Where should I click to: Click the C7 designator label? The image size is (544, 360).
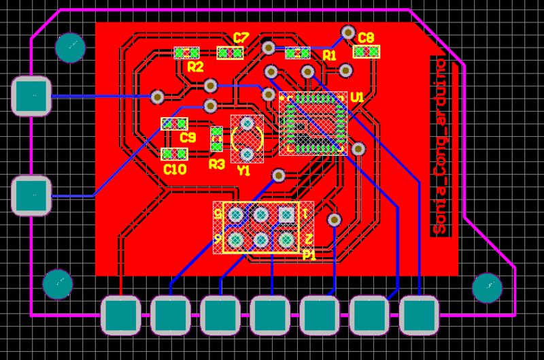pyautogui.click(x=241, y=37)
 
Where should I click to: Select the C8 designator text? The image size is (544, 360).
pyautogui.click(x=366, y=37)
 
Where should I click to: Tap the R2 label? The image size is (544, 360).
pyautogui.click(x=195, y=67)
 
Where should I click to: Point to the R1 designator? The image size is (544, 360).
pyautogui.click(x=329, y=55)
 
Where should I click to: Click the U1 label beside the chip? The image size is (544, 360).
pyautogui.click(x=357, y=98)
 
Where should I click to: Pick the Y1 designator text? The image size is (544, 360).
pyautogui.click(x=243, y=170)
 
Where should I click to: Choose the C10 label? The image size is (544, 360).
pyautogui.click(x=175, y=169)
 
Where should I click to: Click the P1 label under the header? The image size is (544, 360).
pyautogui.click(x=309, y=256)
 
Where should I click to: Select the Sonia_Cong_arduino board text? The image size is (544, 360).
pyautogui.click(x=441, y=146)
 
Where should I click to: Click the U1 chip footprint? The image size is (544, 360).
pyautogui.click(x=313, y=123)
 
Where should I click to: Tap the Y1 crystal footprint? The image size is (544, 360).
pyautogui.click(x=247, y=139)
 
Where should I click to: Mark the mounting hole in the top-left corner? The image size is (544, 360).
pyautogui.click(x=70, y=48)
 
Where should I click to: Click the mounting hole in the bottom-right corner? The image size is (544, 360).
pyautogui.click(x=487, y=288)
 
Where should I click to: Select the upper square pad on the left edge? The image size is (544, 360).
pyautogui.click(x=31, y=96)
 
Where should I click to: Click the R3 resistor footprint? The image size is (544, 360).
pyautogui.click(x=216, y=139)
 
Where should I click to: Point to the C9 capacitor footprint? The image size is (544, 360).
pyautogui.click(x=174, y=124)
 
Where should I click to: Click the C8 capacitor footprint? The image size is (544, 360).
pyautogui.click(x=367, y=52)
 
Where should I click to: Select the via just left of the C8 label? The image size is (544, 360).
pyautogui.click(x=348, y=32)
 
